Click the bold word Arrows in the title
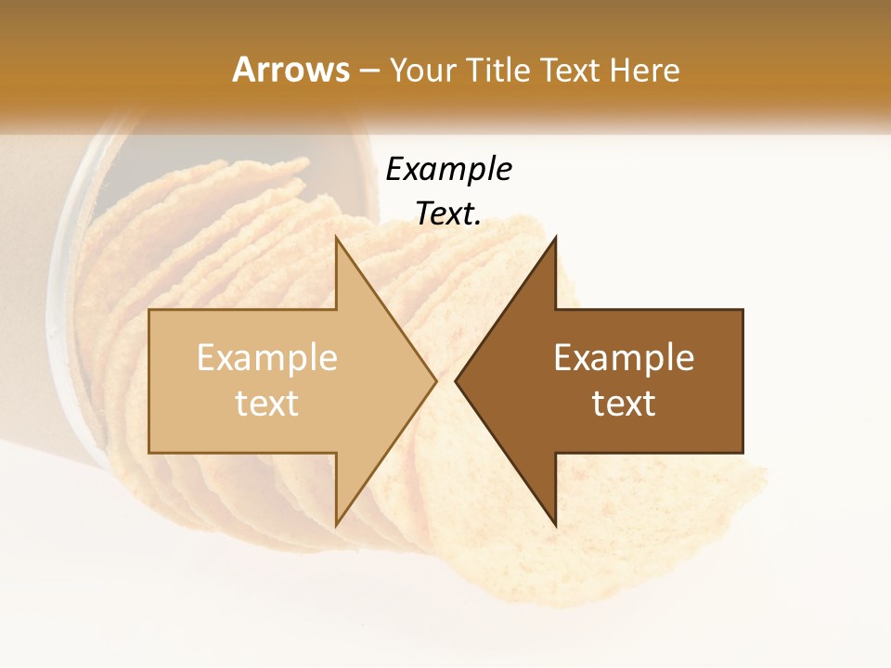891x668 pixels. pos(291,70)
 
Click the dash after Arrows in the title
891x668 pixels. pos(369,71)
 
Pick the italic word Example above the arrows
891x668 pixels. pos(448,170)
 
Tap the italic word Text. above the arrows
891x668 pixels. pos(448,214)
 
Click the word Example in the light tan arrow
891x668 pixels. pos(267,358)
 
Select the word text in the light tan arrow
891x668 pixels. pos(267,404)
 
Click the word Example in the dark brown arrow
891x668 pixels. pos(624,358)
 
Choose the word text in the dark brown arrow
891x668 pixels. pos(624,404)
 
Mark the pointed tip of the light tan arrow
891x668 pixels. pos(434,380)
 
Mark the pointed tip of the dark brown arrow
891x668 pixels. pos(457,380)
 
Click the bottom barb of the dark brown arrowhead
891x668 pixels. pos(554,522)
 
